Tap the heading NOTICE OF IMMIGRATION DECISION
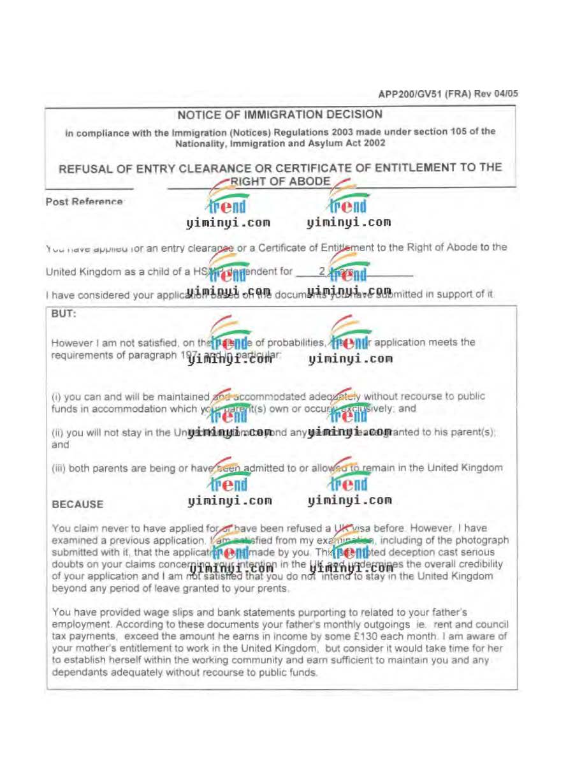[x=280, y=115]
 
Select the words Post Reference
[x=84, y=201]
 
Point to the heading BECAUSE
[x=77, y=504]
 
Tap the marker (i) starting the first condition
[x=56, y=397]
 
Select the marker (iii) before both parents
[x=59, y=468]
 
